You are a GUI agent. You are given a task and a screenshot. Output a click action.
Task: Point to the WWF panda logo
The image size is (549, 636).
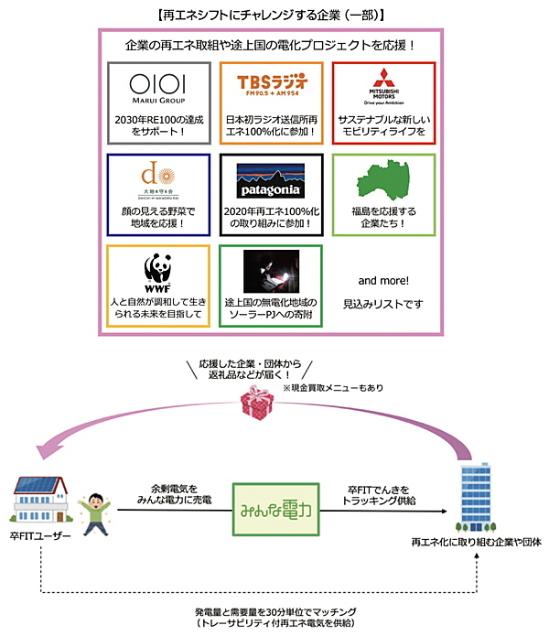click(x=158, y=271)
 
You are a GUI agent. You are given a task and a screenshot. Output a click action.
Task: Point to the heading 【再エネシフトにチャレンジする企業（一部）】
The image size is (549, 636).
click(x=271, y=16)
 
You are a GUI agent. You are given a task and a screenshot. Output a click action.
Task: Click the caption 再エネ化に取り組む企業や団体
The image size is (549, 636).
click(x=476, y=543)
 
